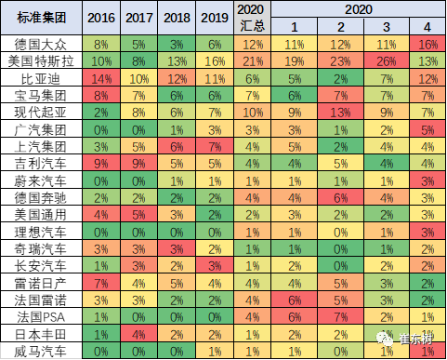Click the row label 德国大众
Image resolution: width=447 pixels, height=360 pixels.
coord(40,44)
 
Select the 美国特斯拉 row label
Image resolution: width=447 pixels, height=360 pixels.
coord(40,60)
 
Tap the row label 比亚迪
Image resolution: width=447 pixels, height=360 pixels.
coord(40,78)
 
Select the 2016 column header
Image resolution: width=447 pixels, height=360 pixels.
coord(101,18)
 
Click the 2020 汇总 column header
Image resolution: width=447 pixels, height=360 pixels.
coord(254,18)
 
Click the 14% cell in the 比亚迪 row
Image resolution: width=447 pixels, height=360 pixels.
coord(101,78)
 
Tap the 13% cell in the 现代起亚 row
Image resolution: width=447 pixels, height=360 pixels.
coord(338,112)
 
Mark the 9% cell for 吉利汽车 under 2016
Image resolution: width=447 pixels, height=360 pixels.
coord(101,163)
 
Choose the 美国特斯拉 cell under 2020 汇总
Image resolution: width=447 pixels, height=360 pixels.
coord(254,60)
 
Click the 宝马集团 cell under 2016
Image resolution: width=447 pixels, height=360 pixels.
coord(101,95)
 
